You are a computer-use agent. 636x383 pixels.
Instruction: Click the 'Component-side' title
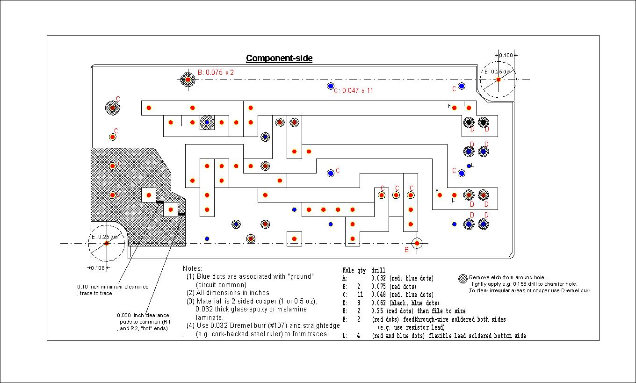279,58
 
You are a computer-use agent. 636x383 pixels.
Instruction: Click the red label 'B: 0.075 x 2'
216,72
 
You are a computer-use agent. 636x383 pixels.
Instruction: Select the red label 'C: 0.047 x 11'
354,91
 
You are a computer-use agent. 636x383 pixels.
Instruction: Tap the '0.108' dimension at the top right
506,55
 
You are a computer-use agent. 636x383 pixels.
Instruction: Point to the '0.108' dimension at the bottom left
98,268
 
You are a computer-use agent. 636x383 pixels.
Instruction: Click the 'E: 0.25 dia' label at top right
497,72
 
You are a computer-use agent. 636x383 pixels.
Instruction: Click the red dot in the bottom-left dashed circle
107,243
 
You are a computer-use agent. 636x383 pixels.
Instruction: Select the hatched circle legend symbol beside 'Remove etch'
463,279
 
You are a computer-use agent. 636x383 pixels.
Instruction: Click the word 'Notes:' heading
192,268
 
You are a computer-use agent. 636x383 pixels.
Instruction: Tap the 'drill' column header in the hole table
378,270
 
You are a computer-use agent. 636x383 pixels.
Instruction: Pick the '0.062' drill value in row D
378,303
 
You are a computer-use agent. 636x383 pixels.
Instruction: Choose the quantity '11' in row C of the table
360,295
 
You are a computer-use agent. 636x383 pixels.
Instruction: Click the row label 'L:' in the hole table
345,336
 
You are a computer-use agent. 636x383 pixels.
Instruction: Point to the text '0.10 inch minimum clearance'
113,287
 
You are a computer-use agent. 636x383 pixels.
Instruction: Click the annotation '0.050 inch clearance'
143,315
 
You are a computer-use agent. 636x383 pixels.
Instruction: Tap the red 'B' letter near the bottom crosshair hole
406,250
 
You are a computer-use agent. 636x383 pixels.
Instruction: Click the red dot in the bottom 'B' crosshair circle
417,243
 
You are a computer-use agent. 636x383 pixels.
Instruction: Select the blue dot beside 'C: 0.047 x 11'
330,86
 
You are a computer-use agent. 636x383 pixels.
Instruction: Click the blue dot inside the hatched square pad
207,123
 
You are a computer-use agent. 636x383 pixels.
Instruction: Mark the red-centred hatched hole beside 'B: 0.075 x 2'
188,80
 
